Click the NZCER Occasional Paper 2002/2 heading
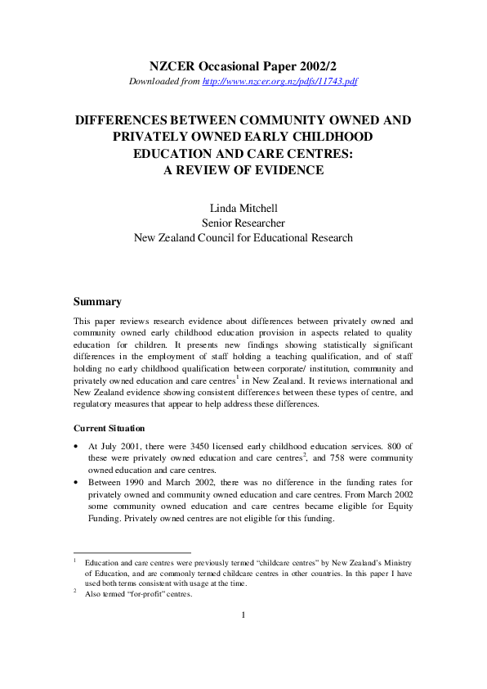coord(243,65)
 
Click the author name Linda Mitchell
coord(243,208)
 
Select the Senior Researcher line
coord(243,223)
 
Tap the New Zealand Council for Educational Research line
coord(243,237)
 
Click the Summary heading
coord(97,302)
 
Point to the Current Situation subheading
coord(109,428)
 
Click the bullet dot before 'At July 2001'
coord(77,447)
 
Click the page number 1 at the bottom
coord(243,638)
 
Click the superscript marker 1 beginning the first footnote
coord(75,561)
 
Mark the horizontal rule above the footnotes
coord(132,552)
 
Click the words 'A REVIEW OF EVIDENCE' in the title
coord(243,170)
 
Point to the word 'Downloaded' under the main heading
coord(152,82)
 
